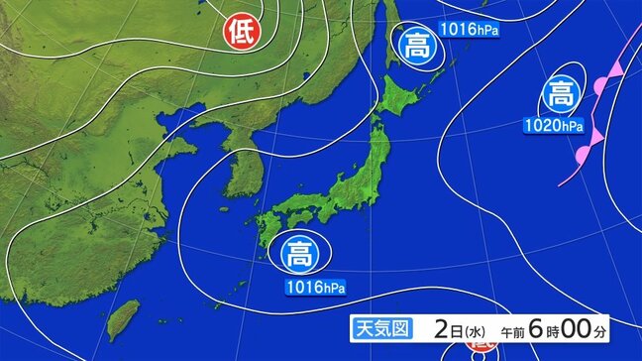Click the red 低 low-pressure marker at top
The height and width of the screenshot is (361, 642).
(x=241, y=32)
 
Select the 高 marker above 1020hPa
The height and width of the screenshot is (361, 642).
(x=560, y=95)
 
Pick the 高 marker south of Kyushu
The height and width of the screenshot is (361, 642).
(x=298, y=255)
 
